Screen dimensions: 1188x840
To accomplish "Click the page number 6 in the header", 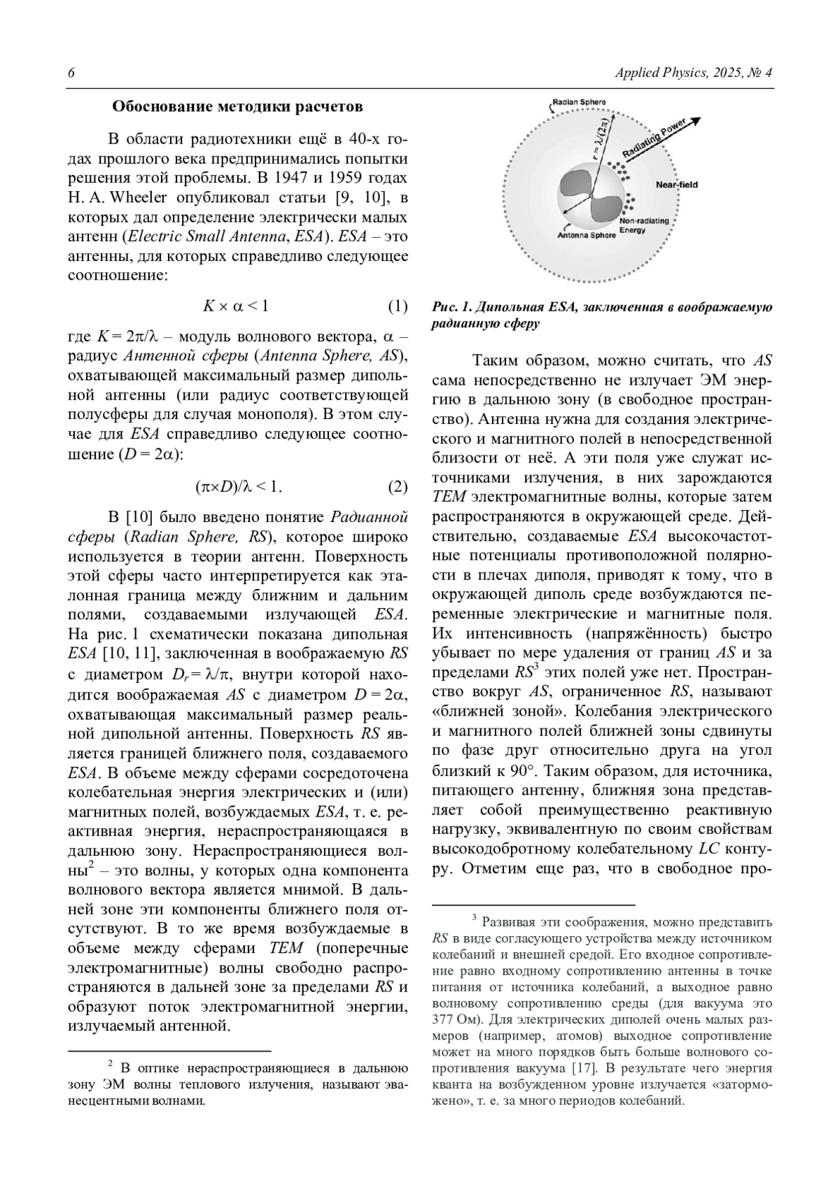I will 71,73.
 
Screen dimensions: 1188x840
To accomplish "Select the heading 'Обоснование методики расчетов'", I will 237,107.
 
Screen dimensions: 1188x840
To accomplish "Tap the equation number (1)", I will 397,306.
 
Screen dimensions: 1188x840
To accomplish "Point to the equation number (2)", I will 397,487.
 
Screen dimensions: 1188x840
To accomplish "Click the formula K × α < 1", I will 235,306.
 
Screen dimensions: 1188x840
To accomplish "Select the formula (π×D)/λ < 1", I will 239,487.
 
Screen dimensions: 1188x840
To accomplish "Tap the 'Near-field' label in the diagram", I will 676,185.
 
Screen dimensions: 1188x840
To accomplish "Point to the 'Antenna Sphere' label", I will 587,236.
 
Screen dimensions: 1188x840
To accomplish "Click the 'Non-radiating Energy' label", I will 644,225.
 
